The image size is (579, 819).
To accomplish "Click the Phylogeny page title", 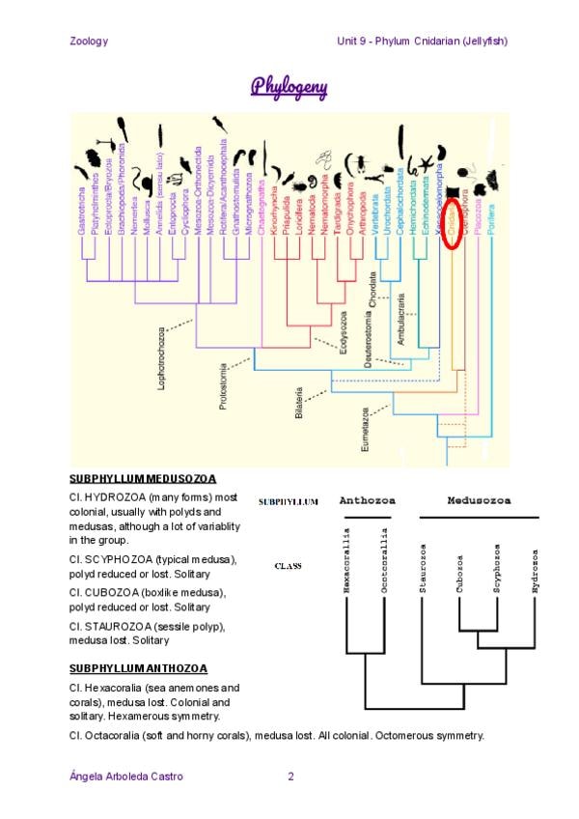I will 289,88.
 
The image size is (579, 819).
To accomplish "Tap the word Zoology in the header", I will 89,41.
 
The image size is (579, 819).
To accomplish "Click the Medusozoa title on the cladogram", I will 479,500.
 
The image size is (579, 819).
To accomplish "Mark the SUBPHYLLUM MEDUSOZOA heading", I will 143,478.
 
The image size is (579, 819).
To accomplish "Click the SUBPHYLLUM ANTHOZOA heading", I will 139,668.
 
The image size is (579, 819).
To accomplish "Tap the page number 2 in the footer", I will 290,776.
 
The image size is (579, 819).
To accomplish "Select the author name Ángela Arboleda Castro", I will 126,776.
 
